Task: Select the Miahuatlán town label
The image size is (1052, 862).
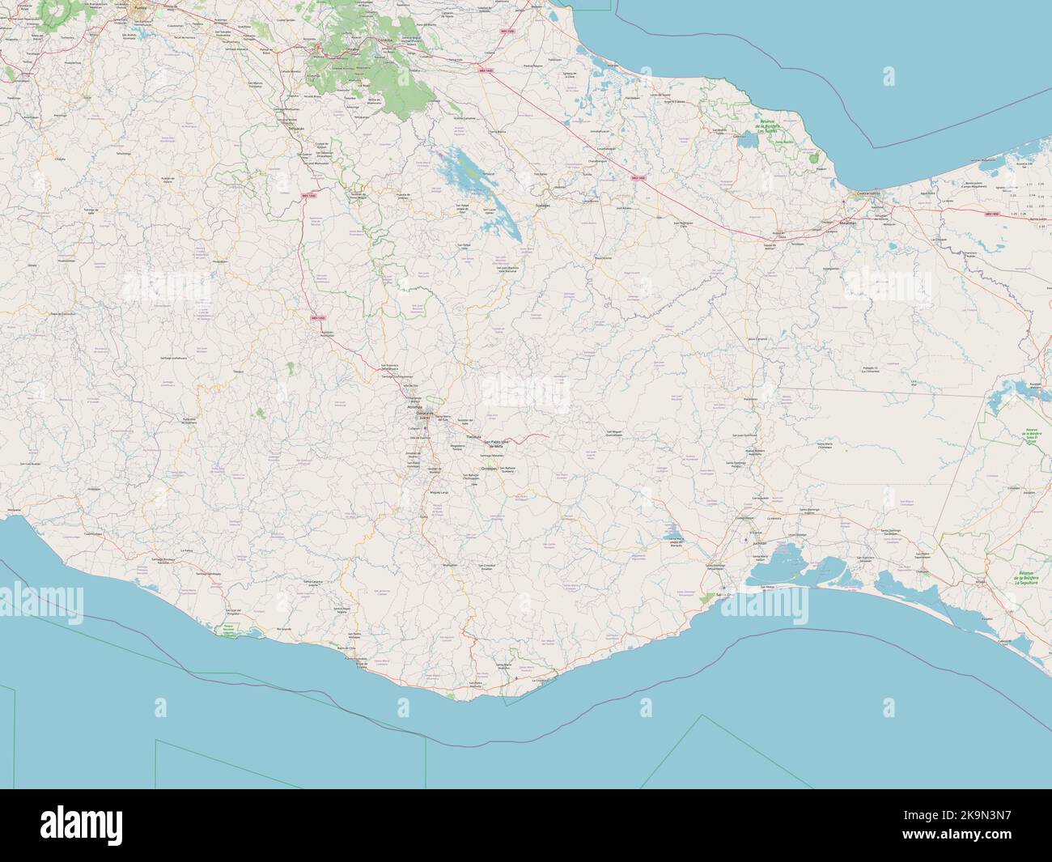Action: pyautogui.click(x=450, y=564)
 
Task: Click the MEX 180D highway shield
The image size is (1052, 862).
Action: pyautogui.click(x=993, y=213)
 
